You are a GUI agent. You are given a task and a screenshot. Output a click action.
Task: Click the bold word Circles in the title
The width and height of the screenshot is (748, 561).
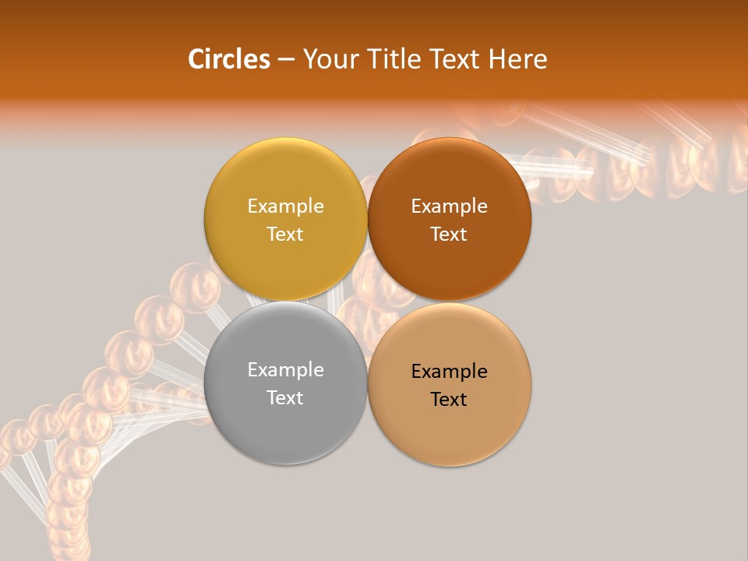(x=228, y=59)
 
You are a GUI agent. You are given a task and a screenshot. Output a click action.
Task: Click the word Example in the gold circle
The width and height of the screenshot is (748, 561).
(x=285, y=206)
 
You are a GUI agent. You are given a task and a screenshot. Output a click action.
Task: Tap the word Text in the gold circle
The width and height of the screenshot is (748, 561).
(x=285, y=234)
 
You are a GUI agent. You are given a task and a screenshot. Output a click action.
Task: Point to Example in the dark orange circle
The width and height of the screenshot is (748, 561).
(x=450, y=206)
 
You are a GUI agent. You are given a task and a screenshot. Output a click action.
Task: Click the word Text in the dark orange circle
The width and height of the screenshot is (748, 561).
(x=450, y=234)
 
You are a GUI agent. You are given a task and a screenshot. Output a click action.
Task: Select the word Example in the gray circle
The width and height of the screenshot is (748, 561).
(x=285, y=370)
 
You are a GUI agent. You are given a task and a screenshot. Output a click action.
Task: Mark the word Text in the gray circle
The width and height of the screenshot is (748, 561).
(x=285, y=397)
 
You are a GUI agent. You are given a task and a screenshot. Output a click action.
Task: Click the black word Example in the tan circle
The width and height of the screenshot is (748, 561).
(x=450, y=372)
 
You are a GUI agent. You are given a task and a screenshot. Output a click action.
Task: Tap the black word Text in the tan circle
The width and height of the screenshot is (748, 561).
(x=450, y=399)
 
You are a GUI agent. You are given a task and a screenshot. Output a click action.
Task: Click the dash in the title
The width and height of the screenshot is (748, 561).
(x=286, y=60)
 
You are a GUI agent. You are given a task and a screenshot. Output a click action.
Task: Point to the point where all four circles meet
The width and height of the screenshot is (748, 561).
(x=367, y=302)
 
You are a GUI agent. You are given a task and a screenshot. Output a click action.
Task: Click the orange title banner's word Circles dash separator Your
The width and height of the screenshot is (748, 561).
(x=286, y=60)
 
